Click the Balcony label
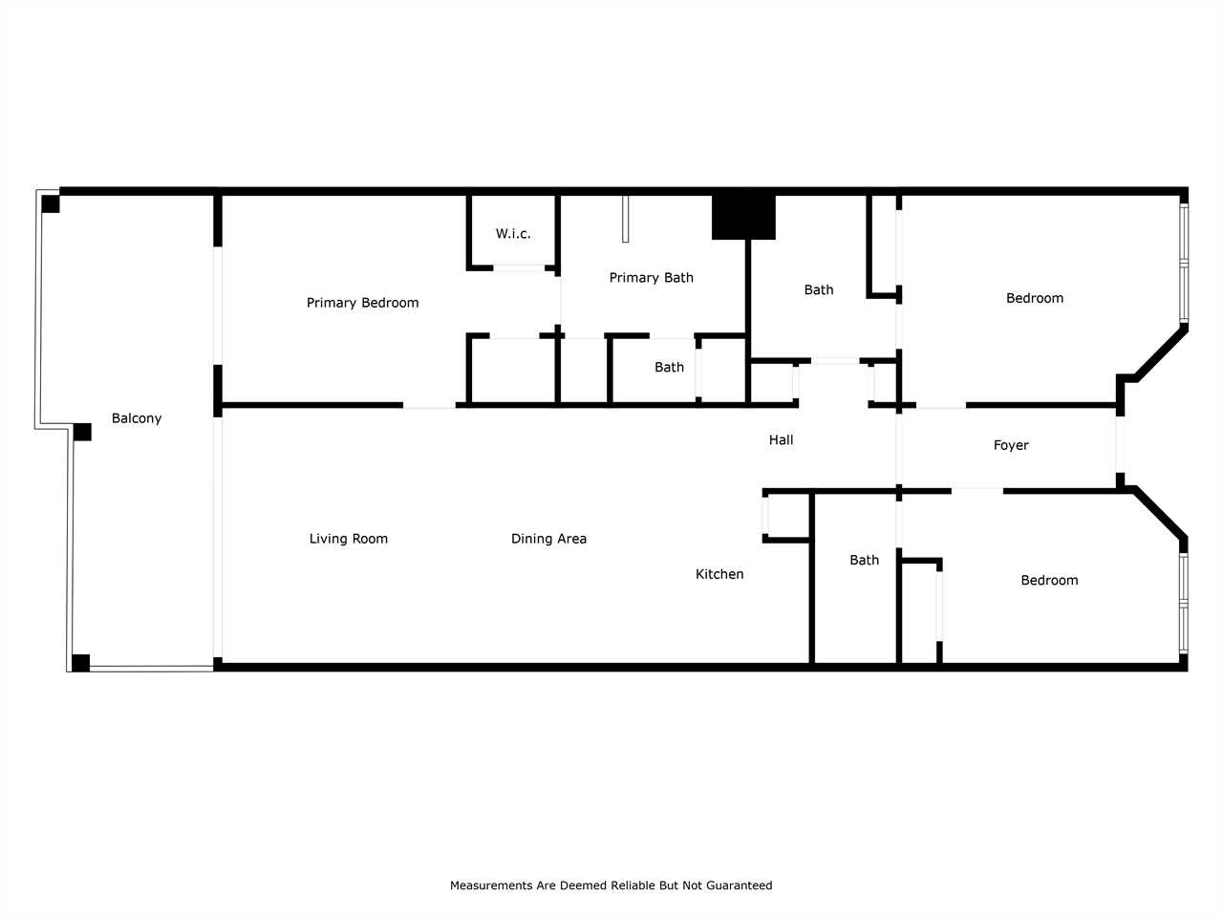click(x=137, y=418)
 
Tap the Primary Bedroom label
click(x=363, y=303)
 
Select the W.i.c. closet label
click(x=513, y=233)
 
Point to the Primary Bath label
click(x=652, y=278)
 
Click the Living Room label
click(x=349, y=539)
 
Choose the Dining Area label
click(x=548, y=539)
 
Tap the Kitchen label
click(x=719, y=574)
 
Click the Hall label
click(x=782, y=439)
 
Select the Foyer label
click(x=1011, y=445)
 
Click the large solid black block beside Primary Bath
click(x=743, y=217)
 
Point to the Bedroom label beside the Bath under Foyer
click(x=1049, y=580)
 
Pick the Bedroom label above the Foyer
click(x=1035, y=298)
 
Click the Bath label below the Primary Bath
click(x=669, y=368)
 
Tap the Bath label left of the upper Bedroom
click(x=819, y=289)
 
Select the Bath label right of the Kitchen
click(x=864, y=560)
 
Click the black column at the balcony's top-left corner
click(x=50, y=203)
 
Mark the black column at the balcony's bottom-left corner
click(x=81, y=663)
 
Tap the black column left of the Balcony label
click(x=82, y=432)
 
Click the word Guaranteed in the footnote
click(x=740, y=885)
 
